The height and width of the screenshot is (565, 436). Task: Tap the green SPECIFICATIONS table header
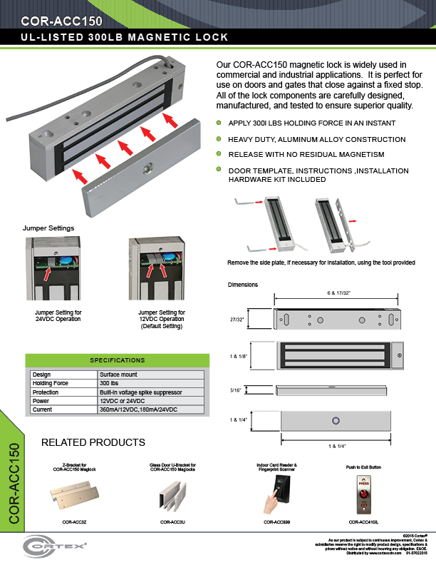(x=117, y=360)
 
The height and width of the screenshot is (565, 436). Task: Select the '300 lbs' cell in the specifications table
(x=109, y=383)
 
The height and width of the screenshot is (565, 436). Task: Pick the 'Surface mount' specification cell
(x=118, y=375)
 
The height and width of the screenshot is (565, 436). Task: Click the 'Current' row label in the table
(x=43, y=409)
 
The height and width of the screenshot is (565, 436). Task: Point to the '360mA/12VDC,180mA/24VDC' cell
(x=138, y=409)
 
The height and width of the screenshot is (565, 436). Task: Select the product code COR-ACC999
(x=276, y=522)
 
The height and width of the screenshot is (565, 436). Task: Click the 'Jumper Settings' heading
(x=48, y=228)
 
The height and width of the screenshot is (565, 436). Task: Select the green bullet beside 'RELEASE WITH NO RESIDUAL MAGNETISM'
(x=219, y=154)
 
